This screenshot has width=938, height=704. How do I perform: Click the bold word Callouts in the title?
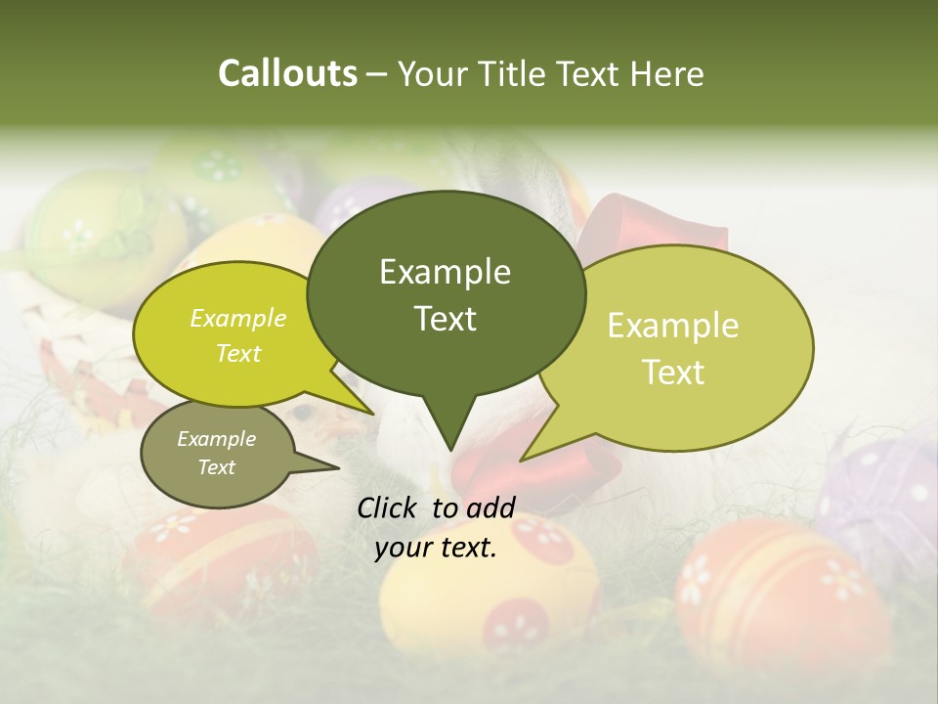(x=287, y=74)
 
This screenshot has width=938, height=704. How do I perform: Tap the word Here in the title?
(x=667, y=74)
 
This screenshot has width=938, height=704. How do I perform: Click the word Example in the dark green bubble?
(x=446, y=272)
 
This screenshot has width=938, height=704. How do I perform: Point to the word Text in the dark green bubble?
(x=446, y=319)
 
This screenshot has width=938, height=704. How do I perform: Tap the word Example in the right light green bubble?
(x=673, y=326)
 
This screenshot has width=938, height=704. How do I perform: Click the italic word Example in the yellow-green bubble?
(x=238, y=319)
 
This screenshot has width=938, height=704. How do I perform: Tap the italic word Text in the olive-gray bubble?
(x=217, y=467)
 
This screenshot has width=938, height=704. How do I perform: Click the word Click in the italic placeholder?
(x=388, y=506)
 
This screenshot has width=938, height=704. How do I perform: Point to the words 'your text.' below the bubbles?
(x=436, y=549)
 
